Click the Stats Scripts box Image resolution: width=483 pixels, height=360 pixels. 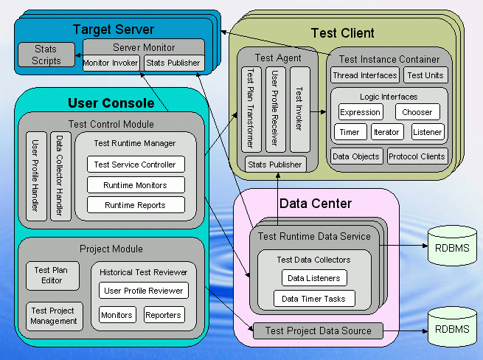click(x=46, y=55)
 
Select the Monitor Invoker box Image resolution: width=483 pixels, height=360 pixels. click(x=111, y=63)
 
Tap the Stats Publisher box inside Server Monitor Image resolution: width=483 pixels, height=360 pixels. click(x=173, y=63)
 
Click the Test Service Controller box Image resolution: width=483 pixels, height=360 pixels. click(x=136, y=165)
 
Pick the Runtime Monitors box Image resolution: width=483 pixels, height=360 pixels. click(x=136, y=185)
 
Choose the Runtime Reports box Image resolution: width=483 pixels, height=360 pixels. click(x=136, y=205)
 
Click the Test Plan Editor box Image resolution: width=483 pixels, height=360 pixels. click(x=51, y=275)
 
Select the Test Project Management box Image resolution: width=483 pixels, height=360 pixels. click(x=54, y=316)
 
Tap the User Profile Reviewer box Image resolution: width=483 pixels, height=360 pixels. click(x=144, y=291)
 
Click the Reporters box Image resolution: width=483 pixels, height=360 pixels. click(x=164, y=315)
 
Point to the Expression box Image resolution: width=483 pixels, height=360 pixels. click(x=361, y=112)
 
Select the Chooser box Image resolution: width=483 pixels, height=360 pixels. click(x=417, y=112)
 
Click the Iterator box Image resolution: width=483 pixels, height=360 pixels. click(x=386, y=132)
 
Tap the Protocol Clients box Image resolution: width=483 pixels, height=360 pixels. click(x=417, y=156)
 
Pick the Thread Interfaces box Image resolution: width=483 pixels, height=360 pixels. click(x=364, y=75)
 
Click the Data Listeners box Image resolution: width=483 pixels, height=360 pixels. click(x=314, y=278)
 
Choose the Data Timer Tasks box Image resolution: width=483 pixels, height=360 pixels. click(x=314, y=299)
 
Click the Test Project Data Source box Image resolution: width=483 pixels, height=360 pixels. click(x=318, y=331)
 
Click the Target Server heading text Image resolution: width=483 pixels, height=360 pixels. click(x=114, y=30)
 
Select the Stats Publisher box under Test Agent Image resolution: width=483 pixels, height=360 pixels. click(x=275, y=165)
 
